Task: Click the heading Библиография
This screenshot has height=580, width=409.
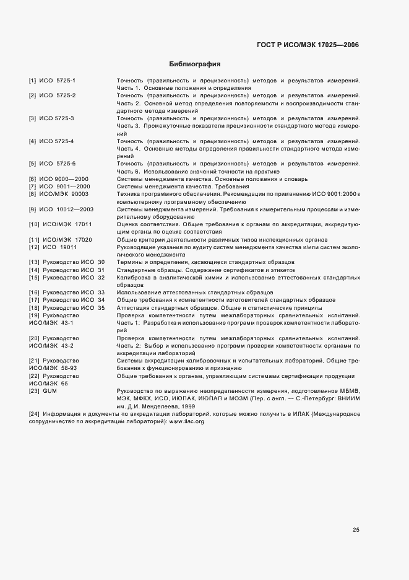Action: (x=195, y=64)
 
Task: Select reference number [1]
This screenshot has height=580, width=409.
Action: (x=32, y=81)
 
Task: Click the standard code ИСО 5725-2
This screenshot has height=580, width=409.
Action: (x=58, y=95)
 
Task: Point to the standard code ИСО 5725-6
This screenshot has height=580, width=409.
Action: (x=58, y=164)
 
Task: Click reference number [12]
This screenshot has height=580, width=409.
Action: (x=34, y=247)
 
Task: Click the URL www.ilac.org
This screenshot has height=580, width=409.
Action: (x=186, y=421)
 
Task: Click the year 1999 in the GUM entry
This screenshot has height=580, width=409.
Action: (x=188, y=406)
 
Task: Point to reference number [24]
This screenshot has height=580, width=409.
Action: (x=34, y=414)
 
